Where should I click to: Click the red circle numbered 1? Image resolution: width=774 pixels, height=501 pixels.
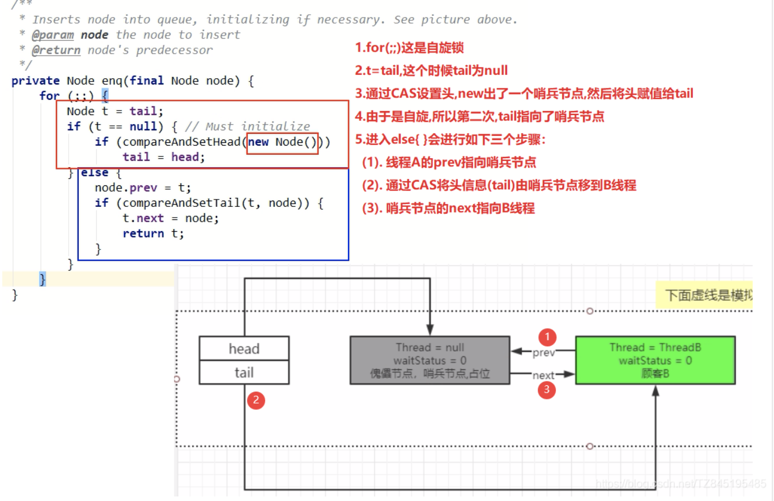click(547, 337)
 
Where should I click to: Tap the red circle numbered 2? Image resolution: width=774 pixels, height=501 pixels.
click(256, 400)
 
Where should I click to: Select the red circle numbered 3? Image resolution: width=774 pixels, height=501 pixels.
click(547, 389)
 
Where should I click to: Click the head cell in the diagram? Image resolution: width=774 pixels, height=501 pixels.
click(244, 349)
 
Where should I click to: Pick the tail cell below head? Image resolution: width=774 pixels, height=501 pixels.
click(244, 373)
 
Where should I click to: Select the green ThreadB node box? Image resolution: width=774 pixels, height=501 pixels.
click(655, 360)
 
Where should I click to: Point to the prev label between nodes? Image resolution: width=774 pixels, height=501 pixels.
click(544, 353)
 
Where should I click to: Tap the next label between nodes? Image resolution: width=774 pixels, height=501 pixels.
click(543, 375)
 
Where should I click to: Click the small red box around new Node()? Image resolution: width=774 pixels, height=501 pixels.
click(283, 142)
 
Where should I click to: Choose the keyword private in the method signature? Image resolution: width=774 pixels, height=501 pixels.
click(35, 80)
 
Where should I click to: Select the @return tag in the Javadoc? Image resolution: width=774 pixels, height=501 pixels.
click(56, 50)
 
